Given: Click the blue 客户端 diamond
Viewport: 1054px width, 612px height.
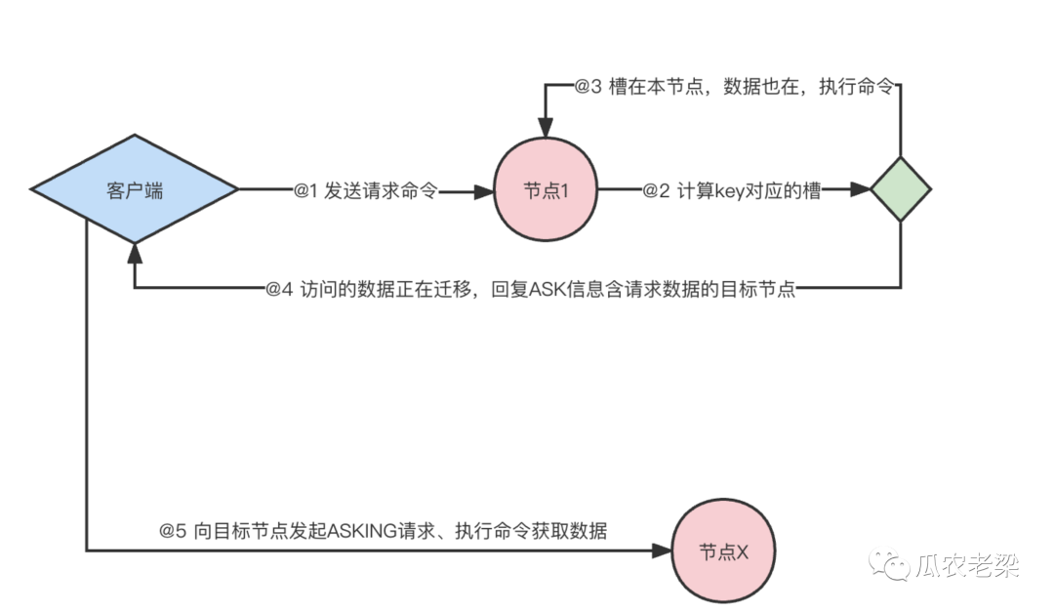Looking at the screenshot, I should point(135,190).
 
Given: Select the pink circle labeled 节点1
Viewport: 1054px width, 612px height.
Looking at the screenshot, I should point(546,190).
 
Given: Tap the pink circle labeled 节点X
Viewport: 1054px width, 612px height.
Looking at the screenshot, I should point(723,551).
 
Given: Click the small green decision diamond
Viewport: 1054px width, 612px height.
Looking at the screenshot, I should point(900,189).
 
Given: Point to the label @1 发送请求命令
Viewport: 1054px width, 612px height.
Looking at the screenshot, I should point(366,191).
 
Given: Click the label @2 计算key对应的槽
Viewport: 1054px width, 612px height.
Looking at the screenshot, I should point(731,191).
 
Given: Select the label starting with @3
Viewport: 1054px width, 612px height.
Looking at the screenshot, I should point(733,86).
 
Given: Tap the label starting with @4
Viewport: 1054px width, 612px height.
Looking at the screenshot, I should point(531,290).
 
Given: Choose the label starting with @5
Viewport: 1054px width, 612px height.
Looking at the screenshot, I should point(384,531).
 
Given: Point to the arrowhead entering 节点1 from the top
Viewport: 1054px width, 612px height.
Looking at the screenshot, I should point(546,131).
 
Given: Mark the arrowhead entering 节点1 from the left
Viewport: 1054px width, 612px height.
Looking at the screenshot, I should point(486,191).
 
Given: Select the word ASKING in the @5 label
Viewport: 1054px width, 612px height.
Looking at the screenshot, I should point(359,531).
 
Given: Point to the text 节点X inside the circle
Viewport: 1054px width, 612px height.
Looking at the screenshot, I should point(723,551).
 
